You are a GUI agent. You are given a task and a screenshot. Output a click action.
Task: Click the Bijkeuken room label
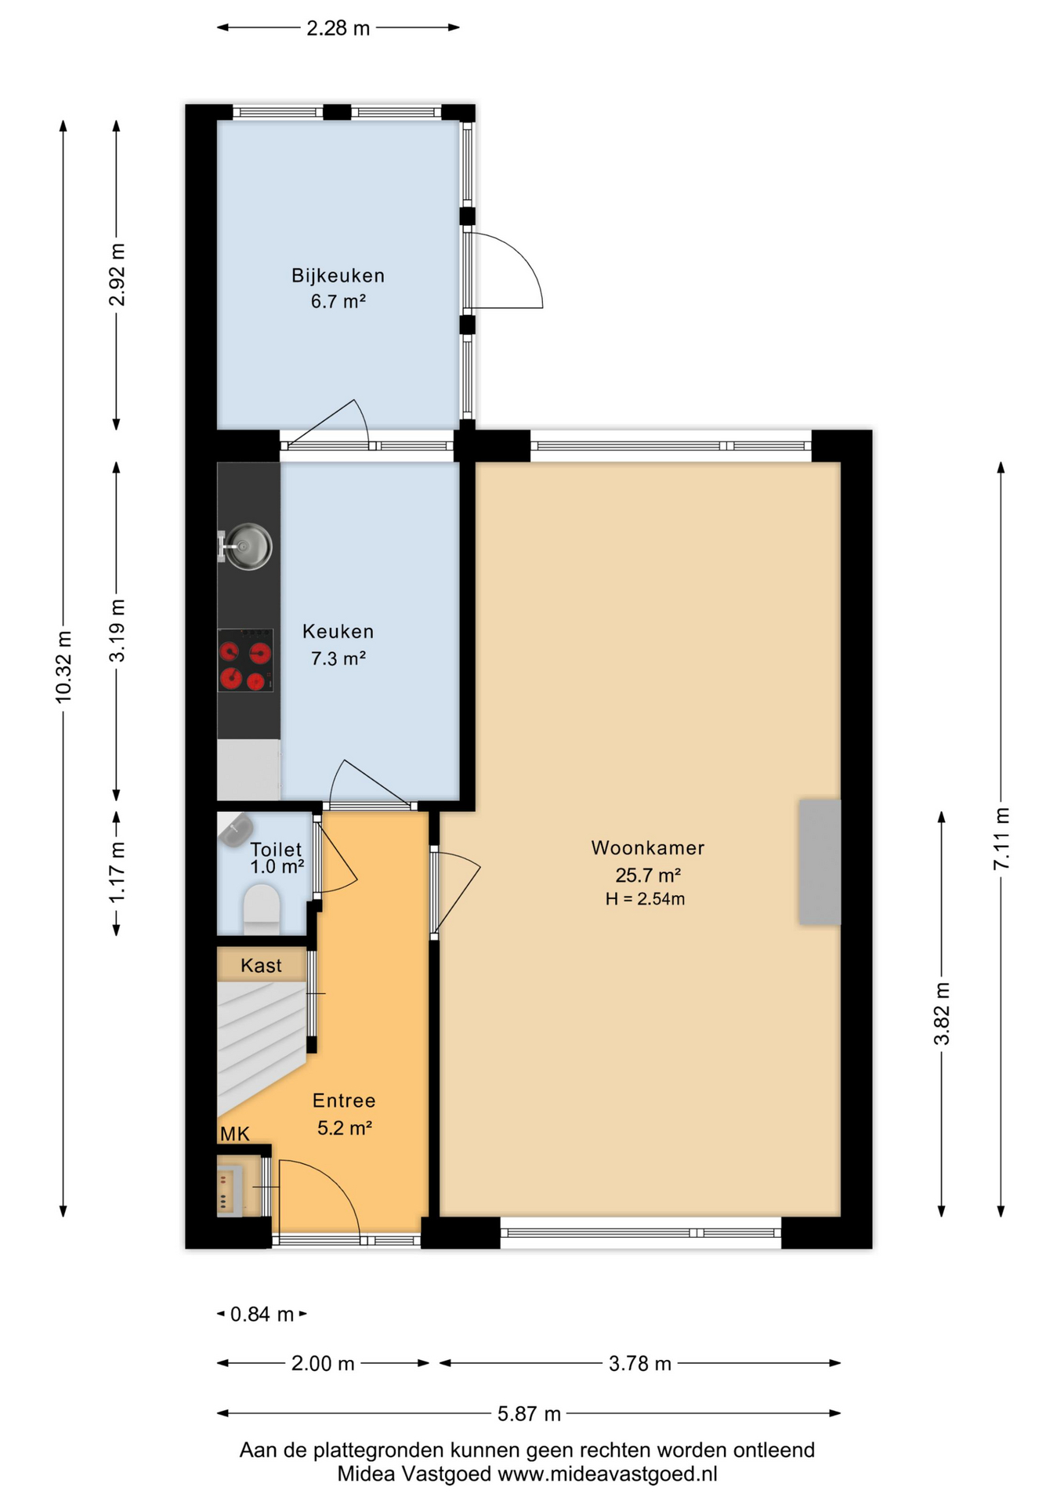(338, 276)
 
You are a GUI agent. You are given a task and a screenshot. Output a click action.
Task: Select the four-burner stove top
(245, 660)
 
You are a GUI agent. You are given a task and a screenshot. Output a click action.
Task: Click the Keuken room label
(338, 632)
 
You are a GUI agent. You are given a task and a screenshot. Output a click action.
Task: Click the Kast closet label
(261, 966)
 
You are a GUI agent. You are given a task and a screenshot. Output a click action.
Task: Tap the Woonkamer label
(648, 848)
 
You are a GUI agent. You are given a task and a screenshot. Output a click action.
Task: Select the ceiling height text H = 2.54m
(645, 899)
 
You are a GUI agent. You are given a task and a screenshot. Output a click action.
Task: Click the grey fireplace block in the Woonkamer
(820, 862)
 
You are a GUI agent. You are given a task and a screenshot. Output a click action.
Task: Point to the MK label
(234, 1133)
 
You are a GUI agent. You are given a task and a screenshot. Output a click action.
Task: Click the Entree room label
(344, 1101)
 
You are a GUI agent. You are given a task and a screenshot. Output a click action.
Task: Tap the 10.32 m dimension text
(63, 667)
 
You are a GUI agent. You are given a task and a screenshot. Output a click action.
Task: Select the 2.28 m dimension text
(338, 29)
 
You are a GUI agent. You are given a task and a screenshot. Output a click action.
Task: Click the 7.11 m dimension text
(1001, 838)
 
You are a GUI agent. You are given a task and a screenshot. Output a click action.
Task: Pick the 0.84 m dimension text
(262, 1315)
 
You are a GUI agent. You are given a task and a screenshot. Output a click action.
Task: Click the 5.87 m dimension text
(529, 1414)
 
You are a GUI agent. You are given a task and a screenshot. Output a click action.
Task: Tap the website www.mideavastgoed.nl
(608, 1474)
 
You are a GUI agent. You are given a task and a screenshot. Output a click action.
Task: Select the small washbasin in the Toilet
(234, 829)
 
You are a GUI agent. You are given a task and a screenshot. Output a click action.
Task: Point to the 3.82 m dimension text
(942, 1014)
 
